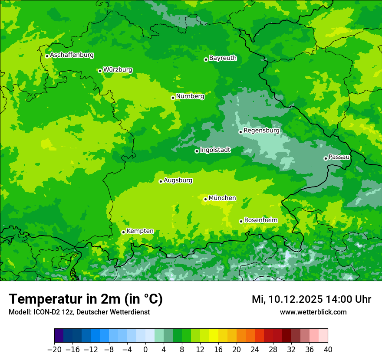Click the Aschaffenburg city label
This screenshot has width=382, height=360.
pyautogui.click(x=72, y=55)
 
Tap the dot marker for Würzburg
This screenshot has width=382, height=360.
pyautogui.click(x=100, y=71)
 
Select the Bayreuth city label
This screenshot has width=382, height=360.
pyautogui.click(x=223, y=58)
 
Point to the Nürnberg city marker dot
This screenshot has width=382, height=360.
pyautogui.click(x=173, y=98)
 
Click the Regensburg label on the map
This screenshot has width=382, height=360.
pyautogui.click(x=261, y=131)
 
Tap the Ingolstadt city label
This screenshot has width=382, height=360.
pyautogui.click(x=215, y=150)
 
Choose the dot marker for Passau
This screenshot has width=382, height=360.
pyautogui.click(x=326, y=158)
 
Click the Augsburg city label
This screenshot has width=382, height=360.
pyautogui.click(x=178, y=180)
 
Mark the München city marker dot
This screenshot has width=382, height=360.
pyautogui.click(x=205, y=199)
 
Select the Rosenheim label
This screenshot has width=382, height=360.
pyautogui.click(x=260, y=220)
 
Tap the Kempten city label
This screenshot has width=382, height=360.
pyautogui.click(x=140, y=231)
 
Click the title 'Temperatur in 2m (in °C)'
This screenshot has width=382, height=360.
pyautogui.click(x=86, y=299)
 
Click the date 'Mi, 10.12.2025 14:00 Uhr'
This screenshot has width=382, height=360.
pyautogui.click(x=311, y=299)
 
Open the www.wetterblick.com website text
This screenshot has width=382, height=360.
pyautogui.click(x=313, y=312)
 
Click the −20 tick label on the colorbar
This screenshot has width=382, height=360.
pyautogui.click(x=54, y=350)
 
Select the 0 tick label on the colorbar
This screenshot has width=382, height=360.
pyautogui.click(x=145, y=350)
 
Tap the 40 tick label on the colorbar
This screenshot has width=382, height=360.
pyautogui.click(x=328, y=350)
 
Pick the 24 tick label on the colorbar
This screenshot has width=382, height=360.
pyautogui.click(x=255, y=350)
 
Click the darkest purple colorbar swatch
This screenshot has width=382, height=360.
pyautogui.click(x=59, y=336)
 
